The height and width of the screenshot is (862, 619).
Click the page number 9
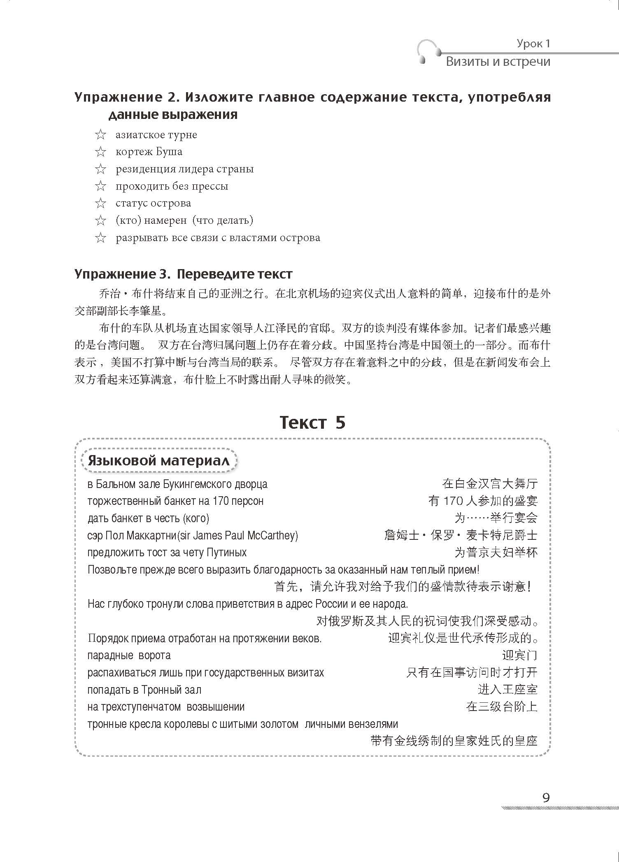coord(546,798)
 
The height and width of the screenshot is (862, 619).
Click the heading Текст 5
coord(312,423)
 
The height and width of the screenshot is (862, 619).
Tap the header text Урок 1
coord(533,44)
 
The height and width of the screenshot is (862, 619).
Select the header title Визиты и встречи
coord(498,62)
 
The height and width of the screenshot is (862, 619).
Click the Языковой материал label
coord(158,460)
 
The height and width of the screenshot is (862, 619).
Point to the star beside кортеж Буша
coord(100,152)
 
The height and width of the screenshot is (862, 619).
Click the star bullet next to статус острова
coord(100,203)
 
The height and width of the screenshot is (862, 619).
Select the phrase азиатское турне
coord(156,135)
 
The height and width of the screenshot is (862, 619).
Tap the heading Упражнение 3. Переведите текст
coord(184,274)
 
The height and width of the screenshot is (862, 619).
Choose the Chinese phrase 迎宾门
coord(519,655)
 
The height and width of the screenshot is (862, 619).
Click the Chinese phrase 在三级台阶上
coord(502,707)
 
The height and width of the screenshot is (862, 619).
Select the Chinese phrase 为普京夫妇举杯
coord(496,552)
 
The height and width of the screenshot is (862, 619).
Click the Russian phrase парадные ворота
coord(129,655)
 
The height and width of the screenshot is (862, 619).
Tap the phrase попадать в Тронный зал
coord(144,690)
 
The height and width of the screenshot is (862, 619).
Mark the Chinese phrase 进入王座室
coord(507,690)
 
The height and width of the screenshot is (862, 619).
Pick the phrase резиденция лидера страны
coord(184,169)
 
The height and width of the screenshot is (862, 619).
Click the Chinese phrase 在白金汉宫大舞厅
coord(490,484)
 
